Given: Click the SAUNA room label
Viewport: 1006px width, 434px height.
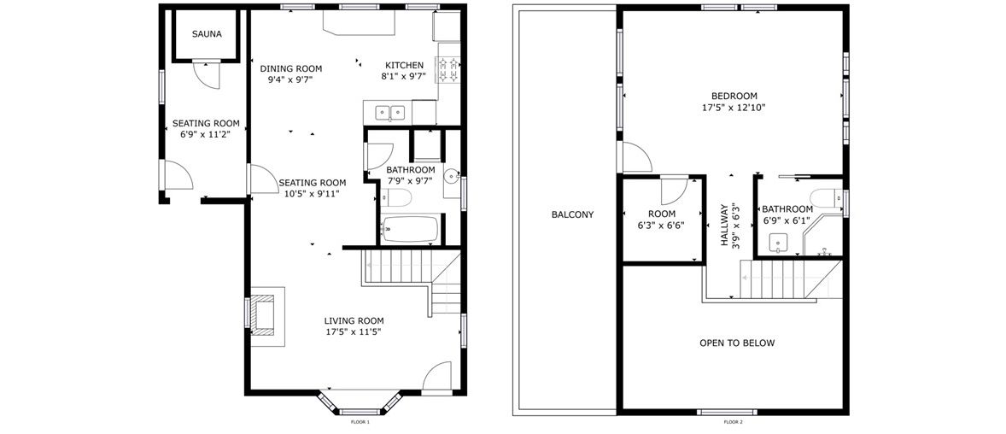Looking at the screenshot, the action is point(207,34).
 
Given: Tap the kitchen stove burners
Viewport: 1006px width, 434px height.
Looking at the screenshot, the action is point(448,71).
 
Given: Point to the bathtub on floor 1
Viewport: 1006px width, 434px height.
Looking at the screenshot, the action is point(410,229).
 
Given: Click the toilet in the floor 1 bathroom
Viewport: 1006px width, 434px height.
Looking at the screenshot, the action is point(396,197).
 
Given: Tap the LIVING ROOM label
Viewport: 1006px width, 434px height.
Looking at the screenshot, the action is point(354,321).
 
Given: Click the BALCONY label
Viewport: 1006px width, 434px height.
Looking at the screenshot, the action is point(572,214).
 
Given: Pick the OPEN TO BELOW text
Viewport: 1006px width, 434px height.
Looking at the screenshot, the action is point(736,343).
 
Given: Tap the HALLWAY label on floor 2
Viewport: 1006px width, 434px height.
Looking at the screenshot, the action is point(724,226).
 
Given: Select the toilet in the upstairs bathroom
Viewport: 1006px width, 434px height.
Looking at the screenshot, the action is point(825,197).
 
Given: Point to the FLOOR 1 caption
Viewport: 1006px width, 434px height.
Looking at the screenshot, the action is point(360,422).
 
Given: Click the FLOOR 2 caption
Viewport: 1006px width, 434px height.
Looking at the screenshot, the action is point(733,422).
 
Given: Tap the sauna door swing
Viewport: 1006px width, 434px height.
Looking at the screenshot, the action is point(208,74).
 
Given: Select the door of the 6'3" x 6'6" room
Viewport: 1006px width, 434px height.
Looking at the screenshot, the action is point(674,190).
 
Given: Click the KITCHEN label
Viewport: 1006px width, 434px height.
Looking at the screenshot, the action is point(404,65).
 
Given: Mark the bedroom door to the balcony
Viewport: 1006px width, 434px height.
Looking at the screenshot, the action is point(635,157).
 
